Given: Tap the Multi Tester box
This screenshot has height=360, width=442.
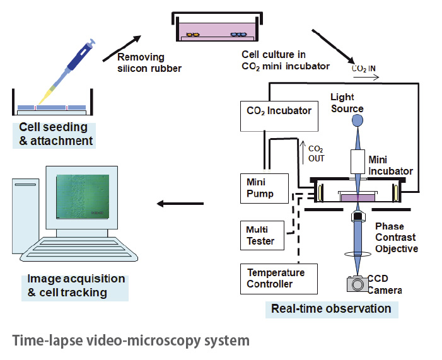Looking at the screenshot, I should point(263,235).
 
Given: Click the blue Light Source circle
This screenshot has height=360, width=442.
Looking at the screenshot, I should point(358,120).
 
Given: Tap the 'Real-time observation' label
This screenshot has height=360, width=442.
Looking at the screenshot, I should point(330,308).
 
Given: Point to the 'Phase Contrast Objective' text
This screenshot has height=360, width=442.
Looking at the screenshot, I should point(395,237).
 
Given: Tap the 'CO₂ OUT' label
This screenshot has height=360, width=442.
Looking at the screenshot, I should point(316,154).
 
